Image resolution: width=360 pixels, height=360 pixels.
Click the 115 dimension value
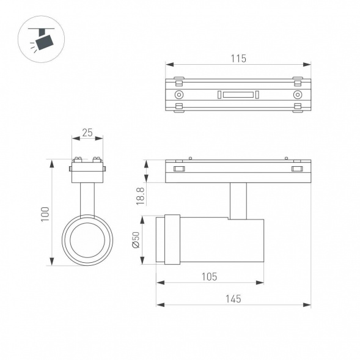tap(238, 59)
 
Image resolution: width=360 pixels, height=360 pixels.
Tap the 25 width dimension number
tap(87, 132)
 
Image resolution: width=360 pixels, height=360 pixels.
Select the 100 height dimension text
tap(45, 213)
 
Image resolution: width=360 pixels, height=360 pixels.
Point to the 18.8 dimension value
tap(141, 197)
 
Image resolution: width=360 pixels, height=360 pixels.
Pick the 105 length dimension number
tap(209, 276)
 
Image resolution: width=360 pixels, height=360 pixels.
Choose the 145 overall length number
tap(232, 298)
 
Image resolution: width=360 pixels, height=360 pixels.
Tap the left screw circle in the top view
tap(179, 95)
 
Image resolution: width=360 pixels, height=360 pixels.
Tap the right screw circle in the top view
tap(298, 95)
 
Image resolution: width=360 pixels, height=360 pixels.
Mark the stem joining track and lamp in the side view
tap(238, 199)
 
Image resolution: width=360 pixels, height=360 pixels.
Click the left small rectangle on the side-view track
tap(179, 169)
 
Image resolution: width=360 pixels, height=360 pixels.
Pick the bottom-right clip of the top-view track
tap(298, 108)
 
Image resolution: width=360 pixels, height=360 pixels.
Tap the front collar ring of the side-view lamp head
tap(173, 240)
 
